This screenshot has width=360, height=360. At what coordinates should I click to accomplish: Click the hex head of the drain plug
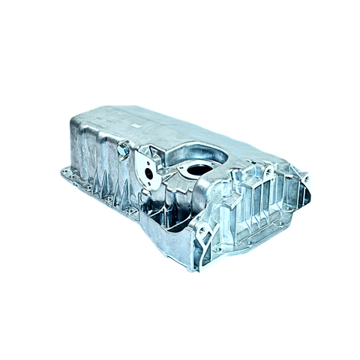click(x=123, y=151)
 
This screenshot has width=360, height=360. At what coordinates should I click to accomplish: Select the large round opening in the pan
click(x=199, y=169)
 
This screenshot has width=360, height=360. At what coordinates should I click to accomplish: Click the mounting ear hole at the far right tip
click(x=304, y=178)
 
